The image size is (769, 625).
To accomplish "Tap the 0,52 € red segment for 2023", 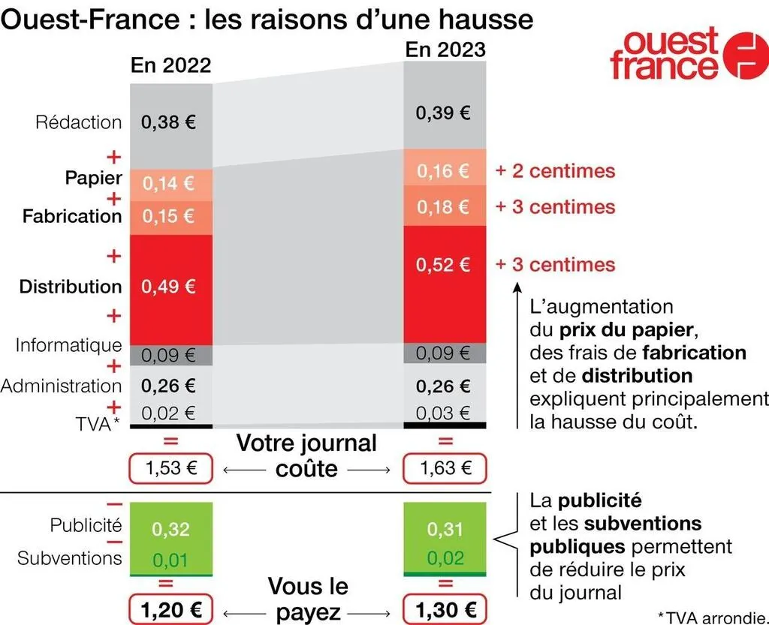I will coord(445,264).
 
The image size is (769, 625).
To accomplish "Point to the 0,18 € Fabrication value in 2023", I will coord(444,206).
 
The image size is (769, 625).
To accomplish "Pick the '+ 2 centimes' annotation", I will coord(555,171).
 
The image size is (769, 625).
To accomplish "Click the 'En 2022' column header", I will coord(170,65).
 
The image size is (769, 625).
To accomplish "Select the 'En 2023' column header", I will coord(445,50).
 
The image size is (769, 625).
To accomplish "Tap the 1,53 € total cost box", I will coord(170,469).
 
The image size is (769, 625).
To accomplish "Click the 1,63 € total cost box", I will coord(445,469).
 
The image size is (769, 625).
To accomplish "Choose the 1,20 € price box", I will coord(170,608).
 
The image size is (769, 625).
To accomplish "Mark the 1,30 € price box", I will coord(445,608).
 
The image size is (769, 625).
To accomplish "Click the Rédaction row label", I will coord(78,122).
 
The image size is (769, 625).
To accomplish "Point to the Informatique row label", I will coord(68,345).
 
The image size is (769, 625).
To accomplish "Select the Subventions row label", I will coord(69,557).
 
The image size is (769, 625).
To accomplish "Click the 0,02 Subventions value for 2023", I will coord(445,558).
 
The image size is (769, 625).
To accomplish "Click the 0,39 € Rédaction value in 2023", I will coord(444,113).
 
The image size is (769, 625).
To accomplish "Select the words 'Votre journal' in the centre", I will coord(306,443).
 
